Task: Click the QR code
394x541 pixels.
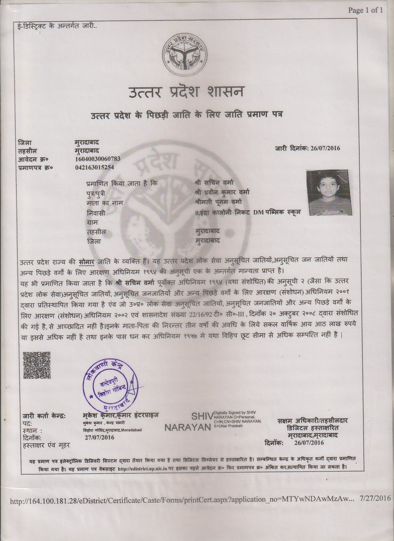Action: pos(37,366)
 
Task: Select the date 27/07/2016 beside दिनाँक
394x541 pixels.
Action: pos(100,438)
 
